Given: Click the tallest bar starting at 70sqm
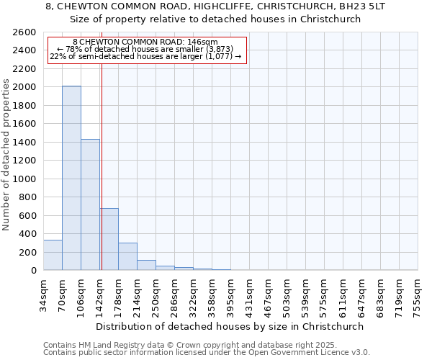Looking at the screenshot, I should pos(71,178).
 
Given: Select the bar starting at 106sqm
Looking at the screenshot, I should pos(90,204).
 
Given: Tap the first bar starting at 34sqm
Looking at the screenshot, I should pos(53,255).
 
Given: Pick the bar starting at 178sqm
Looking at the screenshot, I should pos(127,256).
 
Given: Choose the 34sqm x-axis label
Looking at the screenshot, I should pos(44,293).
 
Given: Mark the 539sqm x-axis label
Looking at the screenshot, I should pos(306,293).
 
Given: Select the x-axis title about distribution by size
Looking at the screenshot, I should pos(230,326).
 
